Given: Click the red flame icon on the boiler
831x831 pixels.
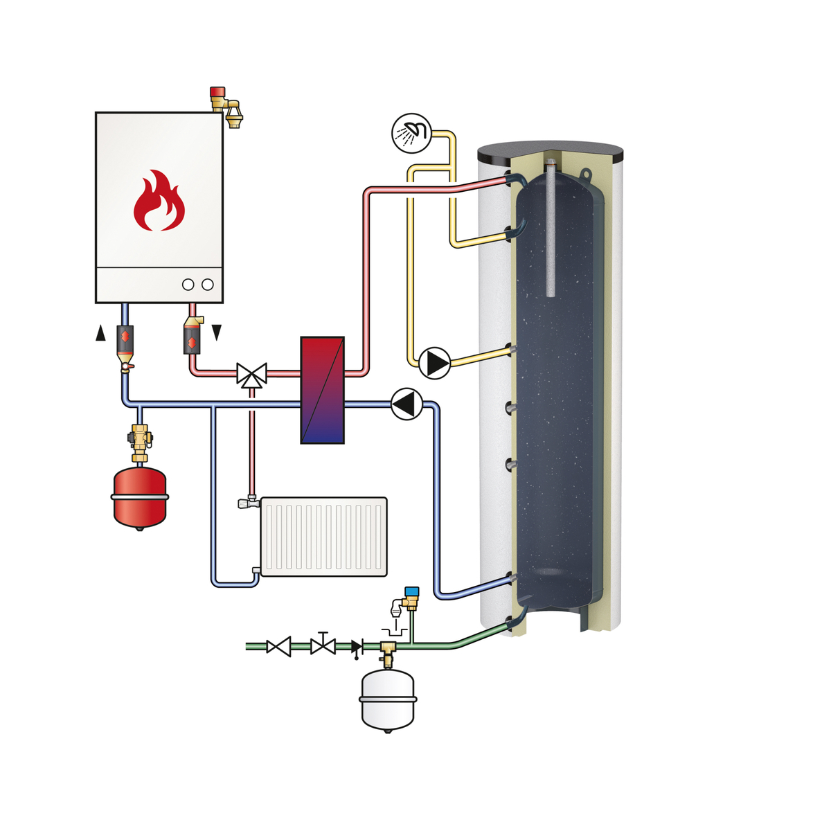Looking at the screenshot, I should point(159,202).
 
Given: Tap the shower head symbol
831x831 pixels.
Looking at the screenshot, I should point(411,132).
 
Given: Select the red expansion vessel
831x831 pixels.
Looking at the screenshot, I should point(140,497).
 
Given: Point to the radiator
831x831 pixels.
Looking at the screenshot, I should point(323,537).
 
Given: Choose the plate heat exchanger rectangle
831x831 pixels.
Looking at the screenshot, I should point(322,390).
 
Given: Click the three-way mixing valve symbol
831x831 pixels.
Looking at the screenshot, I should point(251,374).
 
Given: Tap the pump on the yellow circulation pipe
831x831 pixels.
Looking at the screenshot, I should point(435,362).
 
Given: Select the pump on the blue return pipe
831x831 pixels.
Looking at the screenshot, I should point(406,404).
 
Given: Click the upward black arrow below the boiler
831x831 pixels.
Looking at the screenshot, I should point(101,334).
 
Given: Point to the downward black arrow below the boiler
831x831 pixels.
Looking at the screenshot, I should point(216,333).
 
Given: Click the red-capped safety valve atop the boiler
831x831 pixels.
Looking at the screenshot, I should point(225,105).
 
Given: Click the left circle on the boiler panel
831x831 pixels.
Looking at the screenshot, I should point(188,285).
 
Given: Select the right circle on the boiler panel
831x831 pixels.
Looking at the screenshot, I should point(208,285).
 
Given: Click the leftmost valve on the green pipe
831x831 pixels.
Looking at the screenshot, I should point(279,647).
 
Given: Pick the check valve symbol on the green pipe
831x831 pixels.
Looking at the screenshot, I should point(357,647).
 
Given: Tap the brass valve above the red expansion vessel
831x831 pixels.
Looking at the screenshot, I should point(141,440).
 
